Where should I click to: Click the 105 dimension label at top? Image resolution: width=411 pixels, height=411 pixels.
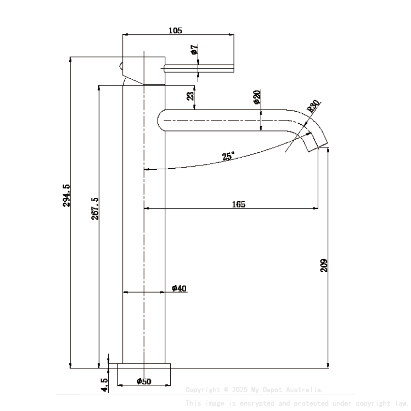tap(175, 30)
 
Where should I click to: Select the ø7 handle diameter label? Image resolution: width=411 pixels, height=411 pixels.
tap(194, 50)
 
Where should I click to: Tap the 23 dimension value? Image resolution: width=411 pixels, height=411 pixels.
tap(191, 96)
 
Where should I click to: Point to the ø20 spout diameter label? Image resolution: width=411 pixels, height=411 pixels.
tap(257, 97)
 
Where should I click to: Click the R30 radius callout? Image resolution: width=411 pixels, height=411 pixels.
tap(313, 106)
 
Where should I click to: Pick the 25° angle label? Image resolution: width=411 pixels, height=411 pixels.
tap(228, 156)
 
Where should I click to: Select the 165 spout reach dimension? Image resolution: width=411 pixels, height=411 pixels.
tap(238, 204)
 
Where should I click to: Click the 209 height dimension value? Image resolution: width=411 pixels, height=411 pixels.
tap(324, 264)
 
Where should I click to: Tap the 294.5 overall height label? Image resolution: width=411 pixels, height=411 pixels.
tap(67, 195)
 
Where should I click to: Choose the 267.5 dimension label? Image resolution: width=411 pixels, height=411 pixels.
tap(95, 208)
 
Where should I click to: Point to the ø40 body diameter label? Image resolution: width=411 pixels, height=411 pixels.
tap(179, 289)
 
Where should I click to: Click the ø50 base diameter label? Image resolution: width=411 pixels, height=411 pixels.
tap(144, 382)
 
